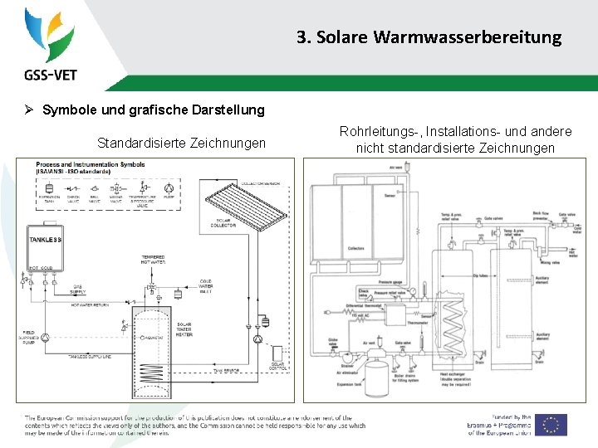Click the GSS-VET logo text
click(x=51, y=75)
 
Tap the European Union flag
click(x=551, y=424)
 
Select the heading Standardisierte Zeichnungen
click(x=181, y=144)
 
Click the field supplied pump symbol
click(x=47, y=338)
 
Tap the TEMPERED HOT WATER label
click(x=153, y=259)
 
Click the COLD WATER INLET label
click(x=205, y=286)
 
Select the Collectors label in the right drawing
click(x=355, y=248)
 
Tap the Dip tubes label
click(x=456, y=275)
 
